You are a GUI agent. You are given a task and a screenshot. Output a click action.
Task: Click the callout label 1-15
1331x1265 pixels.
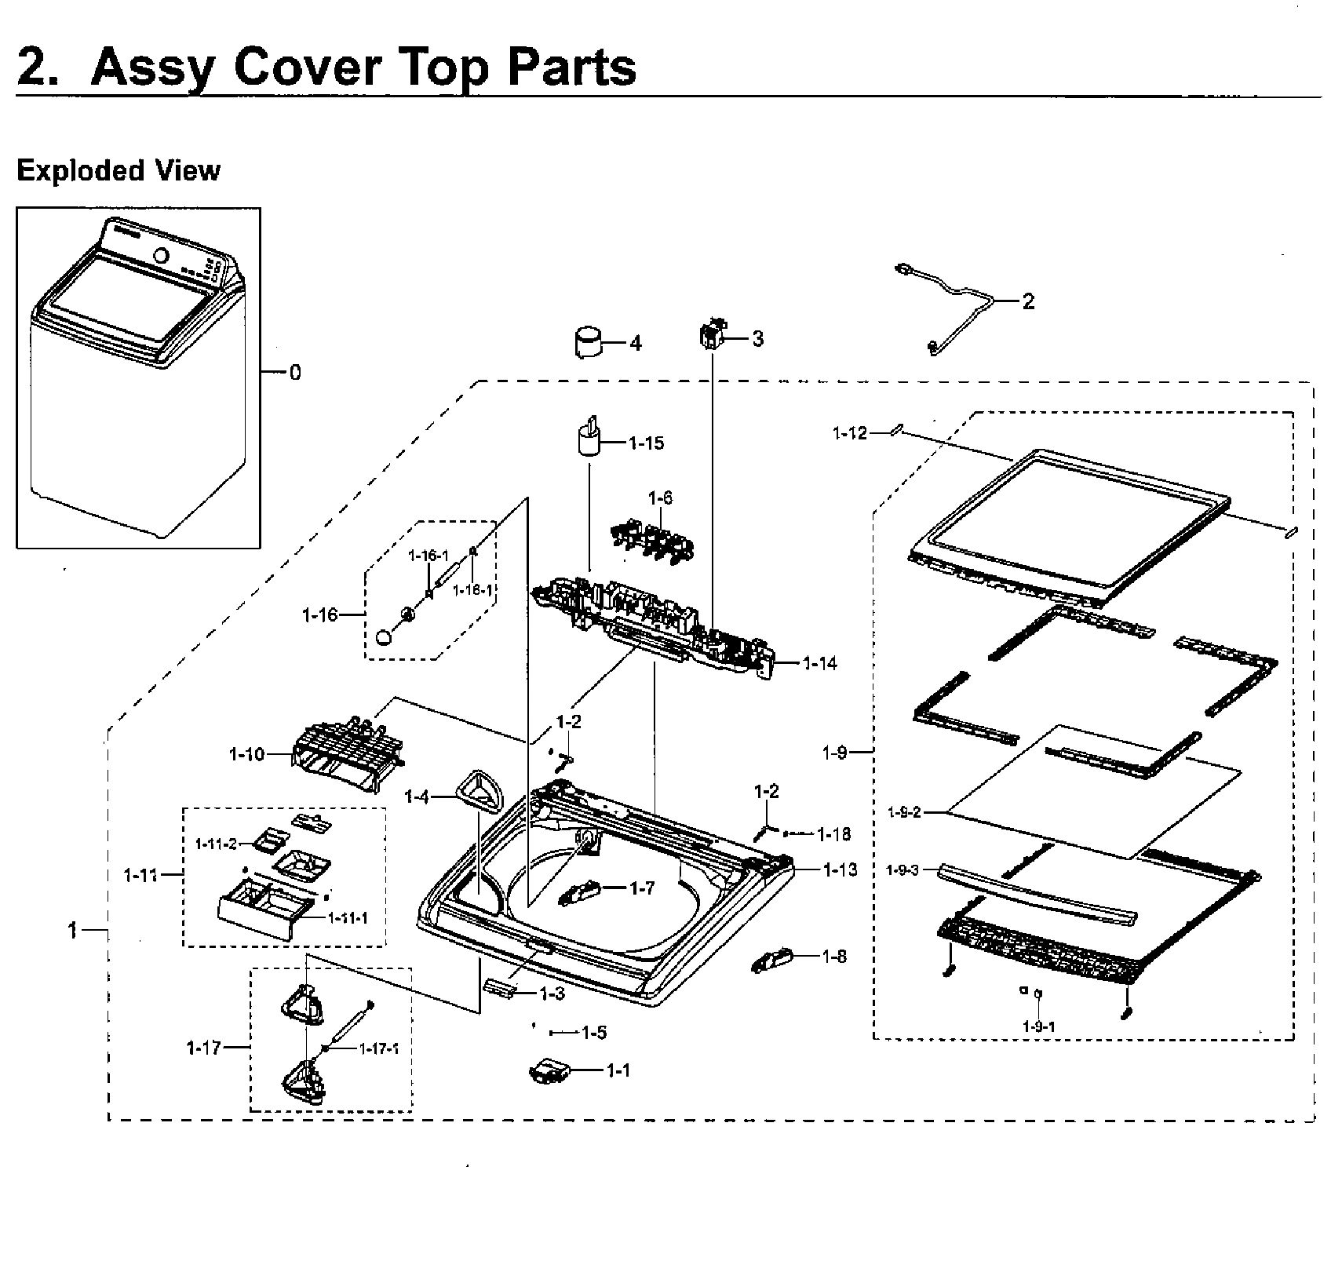coord(646,443)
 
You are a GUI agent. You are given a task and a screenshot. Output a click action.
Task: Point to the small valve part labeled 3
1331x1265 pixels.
coord(713,336)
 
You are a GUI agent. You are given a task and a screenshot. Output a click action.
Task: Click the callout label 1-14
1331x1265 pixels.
coord(820,664)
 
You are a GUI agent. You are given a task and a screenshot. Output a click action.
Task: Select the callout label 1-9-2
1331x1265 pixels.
coord(904,813)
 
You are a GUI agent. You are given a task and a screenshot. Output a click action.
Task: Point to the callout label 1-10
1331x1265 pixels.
coord(246,755)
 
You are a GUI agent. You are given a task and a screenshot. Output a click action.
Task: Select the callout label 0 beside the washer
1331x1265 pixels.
coord(295,373)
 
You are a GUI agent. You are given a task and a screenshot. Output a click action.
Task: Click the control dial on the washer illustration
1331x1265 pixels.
coord(162,256)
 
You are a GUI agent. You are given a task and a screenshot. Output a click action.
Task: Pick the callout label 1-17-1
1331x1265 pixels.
coord(379,1048)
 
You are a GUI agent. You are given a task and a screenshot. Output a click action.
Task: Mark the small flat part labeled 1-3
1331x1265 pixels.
coord(501,987)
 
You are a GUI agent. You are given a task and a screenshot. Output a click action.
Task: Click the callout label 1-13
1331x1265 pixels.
coord(841,869)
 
